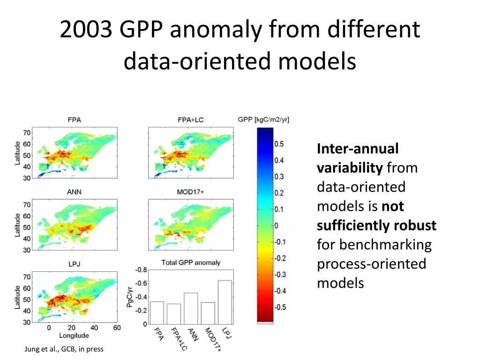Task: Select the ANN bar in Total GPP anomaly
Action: (x=191, y=308)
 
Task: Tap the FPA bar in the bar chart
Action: (x=157, y=313)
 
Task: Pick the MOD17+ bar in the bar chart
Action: (x=208, y=313)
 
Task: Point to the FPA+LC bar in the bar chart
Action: (x=173, y=314)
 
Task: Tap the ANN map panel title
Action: (x=74, y=191)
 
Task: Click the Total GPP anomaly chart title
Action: (x=190, y=262)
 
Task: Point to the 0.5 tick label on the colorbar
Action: (x=279, y=144)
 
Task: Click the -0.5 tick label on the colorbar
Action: (x=280, y=307)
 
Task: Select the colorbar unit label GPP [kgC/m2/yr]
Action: (x=263, y=120)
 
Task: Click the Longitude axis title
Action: (x=74, y=336)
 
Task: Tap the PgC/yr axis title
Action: (x=130, y=296)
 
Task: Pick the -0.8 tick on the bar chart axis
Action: (x=141, y=270)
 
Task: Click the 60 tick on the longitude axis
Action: (x=117, y=328)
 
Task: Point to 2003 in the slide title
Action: (x=87, y=30)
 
